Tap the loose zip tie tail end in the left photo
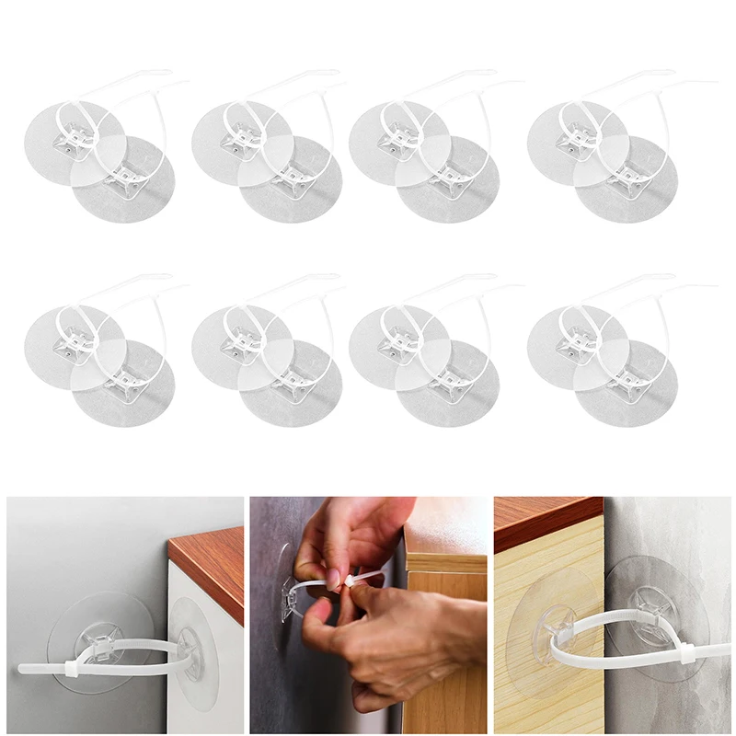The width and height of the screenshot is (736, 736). coord(28,666)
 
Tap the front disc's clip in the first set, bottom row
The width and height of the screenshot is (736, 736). coord(128,378)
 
